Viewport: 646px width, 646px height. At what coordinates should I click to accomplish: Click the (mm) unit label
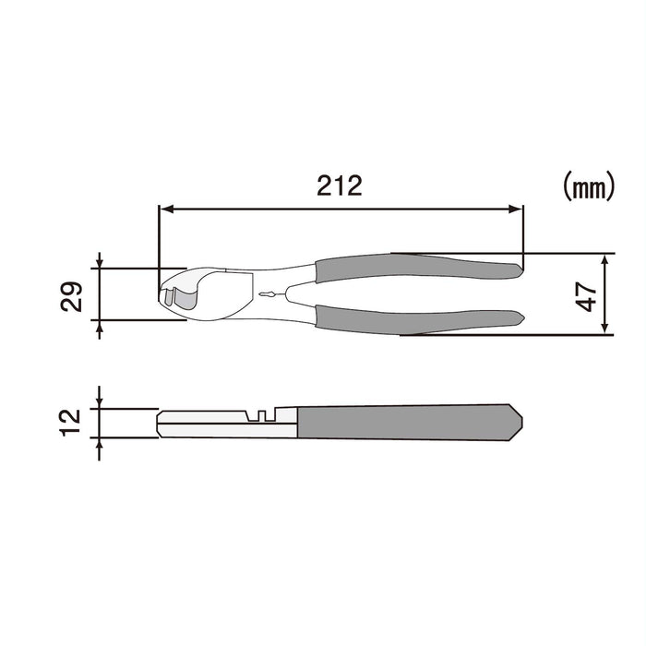pos(588,188)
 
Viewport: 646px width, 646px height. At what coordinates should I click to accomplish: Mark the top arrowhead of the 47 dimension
pos(604,259)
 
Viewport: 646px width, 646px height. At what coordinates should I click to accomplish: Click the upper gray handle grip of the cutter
pos(415,268)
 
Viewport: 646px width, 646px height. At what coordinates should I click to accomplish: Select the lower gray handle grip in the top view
pos(415,318)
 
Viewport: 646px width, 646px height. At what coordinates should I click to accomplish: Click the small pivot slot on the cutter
pos(268,294)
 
